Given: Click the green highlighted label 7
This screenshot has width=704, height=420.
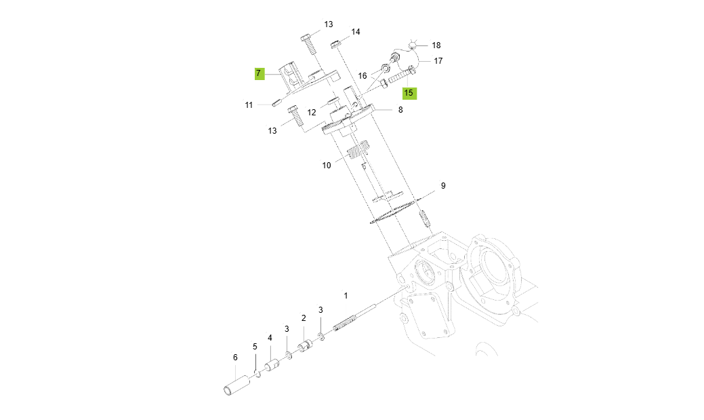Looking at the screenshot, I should point(258,73).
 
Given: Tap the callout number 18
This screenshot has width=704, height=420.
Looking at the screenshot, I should point(436,45).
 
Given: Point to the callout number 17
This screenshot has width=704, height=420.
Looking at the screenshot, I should point(438,61).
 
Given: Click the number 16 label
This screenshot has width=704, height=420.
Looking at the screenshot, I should point(363,76).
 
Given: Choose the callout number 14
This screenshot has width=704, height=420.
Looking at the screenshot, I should point(355,32).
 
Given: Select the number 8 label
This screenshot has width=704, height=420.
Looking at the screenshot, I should point(400,109).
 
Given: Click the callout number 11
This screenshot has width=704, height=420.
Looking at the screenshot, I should point(249,105).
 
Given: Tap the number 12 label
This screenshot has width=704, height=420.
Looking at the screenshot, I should point(312,113).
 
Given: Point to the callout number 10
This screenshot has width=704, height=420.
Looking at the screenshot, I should point(327,165).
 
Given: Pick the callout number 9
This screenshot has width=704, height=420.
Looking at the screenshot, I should point(443,185).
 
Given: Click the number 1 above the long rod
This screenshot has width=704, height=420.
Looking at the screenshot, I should point(346,296).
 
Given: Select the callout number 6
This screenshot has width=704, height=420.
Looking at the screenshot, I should point(235,358).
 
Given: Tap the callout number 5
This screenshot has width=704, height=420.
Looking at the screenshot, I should point(255,347).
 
